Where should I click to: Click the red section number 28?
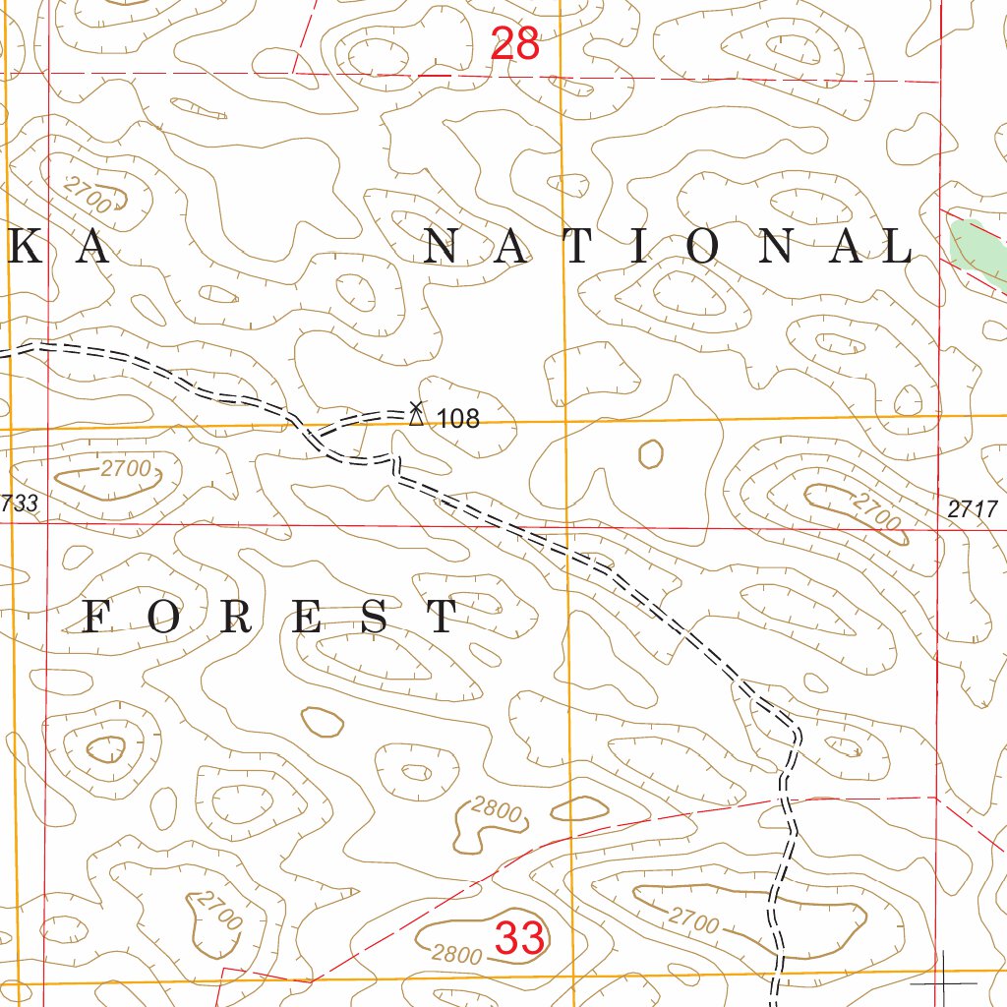(514, 44)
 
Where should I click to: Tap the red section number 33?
(519, 938)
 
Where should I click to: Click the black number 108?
(458, 419)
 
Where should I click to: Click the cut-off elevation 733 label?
(20, 503)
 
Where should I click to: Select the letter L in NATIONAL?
(898, 247)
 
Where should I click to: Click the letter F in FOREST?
(96, 617)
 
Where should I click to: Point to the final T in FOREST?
(444, 617)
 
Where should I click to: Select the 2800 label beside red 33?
(456, 955)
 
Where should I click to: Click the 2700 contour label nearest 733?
(125, 469)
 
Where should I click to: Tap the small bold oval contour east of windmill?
(650, 453)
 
